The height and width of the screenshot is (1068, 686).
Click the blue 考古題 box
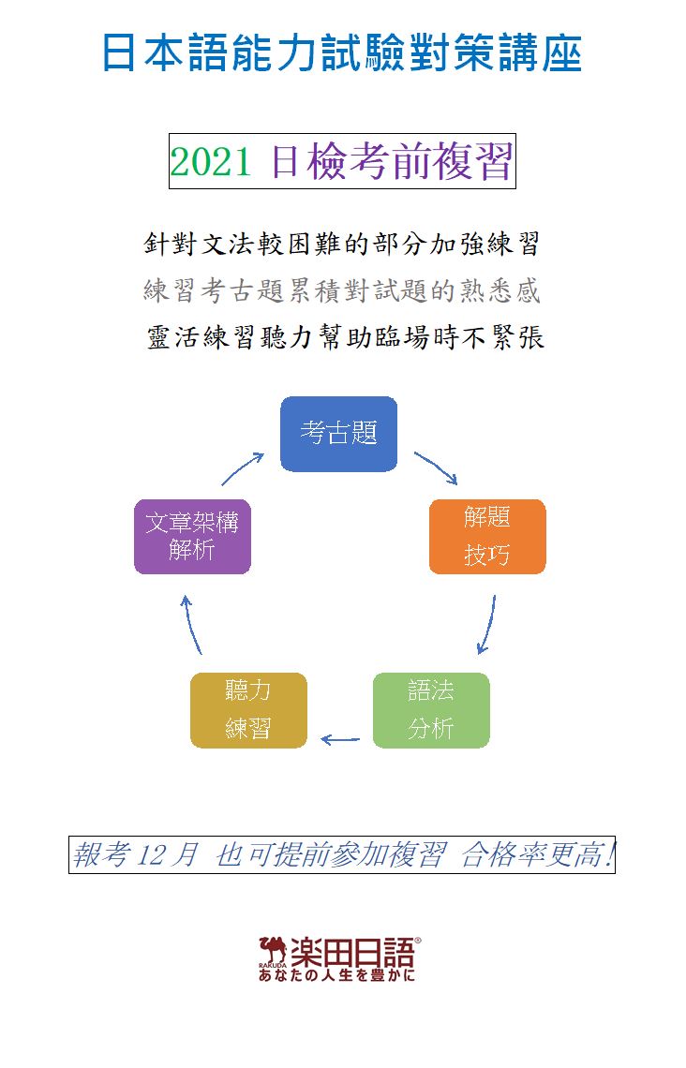click(338, 434)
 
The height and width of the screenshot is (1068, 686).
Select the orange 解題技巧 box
click(487, 537)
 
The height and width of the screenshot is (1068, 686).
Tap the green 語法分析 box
click(431, 710)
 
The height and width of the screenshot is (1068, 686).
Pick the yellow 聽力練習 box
click(248, 710)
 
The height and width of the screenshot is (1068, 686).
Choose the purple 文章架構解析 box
click(192, 537)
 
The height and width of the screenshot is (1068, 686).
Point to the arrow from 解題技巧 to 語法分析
click(488, 625)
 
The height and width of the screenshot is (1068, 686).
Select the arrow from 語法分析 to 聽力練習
click(340, 740)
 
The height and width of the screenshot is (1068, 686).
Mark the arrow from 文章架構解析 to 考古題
click(242, 468)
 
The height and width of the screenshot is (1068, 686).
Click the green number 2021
click(211, 162)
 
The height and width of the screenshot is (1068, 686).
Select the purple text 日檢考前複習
click(391, 161)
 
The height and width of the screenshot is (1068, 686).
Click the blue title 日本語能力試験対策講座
click(342, 52)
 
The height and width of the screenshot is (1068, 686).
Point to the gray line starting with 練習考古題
click(342, 290)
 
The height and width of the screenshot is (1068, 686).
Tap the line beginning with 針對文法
click(342, 244)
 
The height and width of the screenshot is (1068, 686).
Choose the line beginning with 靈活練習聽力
click(346, 337)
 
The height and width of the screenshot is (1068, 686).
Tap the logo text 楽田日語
click(352, 952)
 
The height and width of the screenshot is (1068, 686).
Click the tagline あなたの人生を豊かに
click(336, 975)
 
